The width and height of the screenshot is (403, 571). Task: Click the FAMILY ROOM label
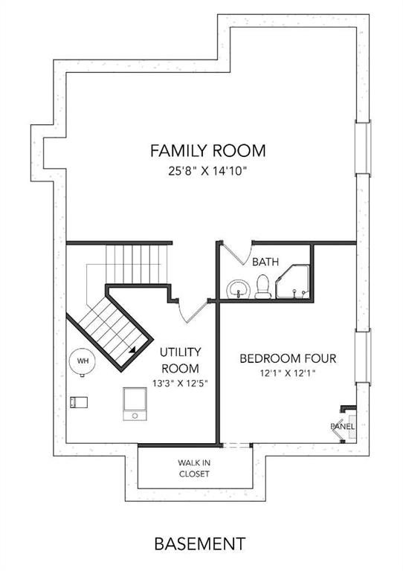[208, 150]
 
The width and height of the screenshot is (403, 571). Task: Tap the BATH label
[265, 262]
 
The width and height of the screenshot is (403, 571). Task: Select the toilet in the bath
[262, 286]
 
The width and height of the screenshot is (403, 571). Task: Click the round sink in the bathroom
[239, 289]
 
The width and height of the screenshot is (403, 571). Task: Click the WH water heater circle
[83, 361]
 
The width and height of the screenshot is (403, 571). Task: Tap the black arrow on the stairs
[132, 350]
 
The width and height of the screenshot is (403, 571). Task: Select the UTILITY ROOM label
[180, 360]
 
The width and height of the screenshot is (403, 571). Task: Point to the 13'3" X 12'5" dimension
[180, 383]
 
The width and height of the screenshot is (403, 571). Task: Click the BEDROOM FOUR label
[288, 358]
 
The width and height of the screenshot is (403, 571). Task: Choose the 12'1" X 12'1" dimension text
[288, 373]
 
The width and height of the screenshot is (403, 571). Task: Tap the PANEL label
[342, 426]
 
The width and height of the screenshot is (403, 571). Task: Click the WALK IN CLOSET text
[194, 468]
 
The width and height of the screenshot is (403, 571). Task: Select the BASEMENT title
[200, 543]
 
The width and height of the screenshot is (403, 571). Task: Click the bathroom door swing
[237, 252]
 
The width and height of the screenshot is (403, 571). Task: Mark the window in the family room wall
[363, 148]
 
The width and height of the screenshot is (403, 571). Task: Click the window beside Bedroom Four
[363, 356]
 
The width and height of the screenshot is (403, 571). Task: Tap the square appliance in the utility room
[135, 404]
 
